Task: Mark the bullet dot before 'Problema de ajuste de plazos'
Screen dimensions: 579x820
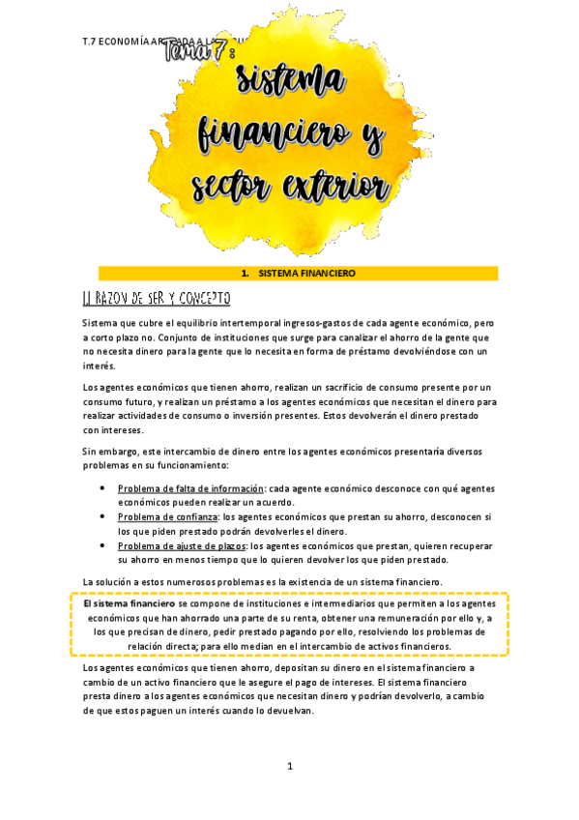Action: click(103, 545)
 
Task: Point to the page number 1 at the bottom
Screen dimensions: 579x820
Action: click(289, 767)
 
